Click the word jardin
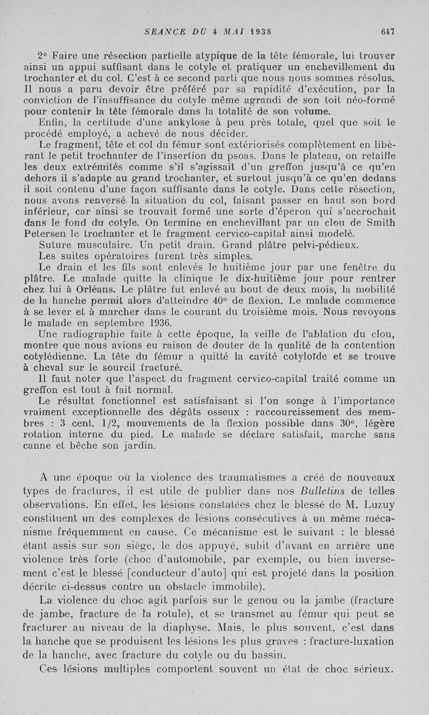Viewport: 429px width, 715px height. [125, 445]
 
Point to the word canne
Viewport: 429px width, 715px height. [39, 445]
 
